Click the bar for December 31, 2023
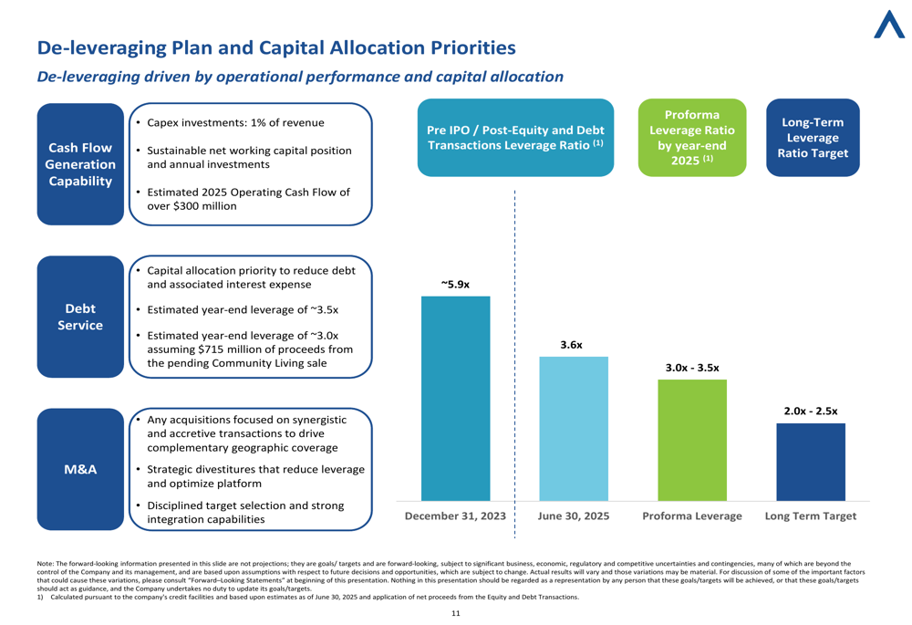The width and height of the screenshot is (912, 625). (x=455, y=399)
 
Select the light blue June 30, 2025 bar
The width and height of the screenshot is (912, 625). (x=574, y=429)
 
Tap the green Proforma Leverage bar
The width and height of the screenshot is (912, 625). (x=692, y=440)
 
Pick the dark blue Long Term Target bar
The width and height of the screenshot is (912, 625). (x=811, y=462)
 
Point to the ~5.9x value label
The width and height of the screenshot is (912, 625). (x=455, y=285)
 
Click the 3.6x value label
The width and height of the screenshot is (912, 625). (x=571, y=345)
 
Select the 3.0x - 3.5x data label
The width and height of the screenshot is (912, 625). (x=692, y=368)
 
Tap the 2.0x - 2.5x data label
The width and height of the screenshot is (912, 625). (x=811, y=411)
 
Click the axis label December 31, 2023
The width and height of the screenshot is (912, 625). (x=455, y=516)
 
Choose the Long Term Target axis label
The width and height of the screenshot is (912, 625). (x=811, y=516)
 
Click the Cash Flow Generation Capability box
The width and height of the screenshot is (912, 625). (x=80, y=164)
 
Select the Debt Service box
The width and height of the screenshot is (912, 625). (x=80, y=317)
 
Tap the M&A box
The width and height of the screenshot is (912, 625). (x=80, y=469)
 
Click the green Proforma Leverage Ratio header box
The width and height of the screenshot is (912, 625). (x=692, y=138)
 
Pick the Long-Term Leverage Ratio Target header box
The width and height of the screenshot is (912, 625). (x=813, y=138)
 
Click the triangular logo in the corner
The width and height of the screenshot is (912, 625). (x=889, y=25)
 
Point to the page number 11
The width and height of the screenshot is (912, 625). (x=455, y=613)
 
